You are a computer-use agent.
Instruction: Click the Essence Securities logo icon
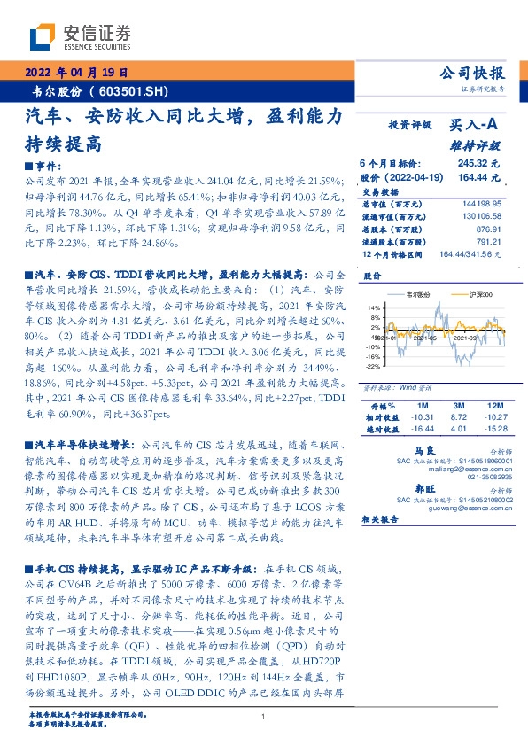point(41,36)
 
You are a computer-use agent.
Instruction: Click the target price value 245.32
point(472,164)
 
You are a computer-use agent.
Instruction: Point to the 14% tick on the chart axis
point(372,307)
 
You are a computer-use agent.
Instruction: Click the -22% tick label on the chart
point(372,365)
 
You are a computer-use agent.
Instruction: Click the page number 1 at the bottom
point(264,717)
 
